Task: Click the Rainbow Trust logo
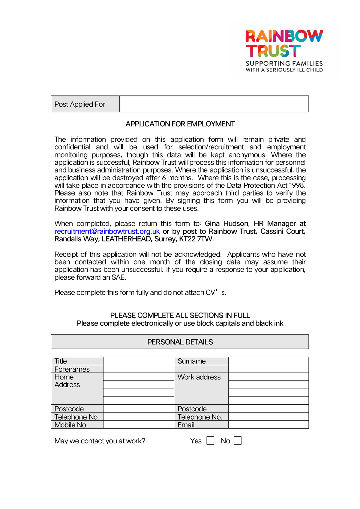click(284, 50)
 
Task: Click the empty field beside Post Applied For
click(214, 104)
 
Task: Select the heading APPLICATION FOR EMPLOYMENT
click(180, 124)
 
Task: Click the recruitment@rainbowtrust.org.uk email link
click(107, 231)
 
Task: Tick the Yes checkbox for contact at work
click(210, 441)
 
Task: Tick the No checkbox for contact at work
click(238, 441)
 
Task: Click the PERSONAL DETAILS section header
click(180, 342)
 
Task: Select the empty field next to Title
click(139, 361)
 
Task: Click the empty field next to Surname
click(268, 361)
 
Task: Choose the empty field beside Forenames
click(139, 369)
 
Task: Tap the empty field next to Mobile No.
click(139, 425)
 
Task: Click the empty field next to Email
click(268, 425)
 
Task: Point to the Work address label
click(199, 377)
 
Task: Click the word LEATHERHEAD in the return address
click(126, 239)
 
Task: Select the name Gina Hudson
click(227, 224)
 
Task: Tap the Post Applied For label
click(80, 104)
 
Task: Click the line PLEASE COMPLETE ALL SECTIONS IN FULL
click(180, 316)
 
